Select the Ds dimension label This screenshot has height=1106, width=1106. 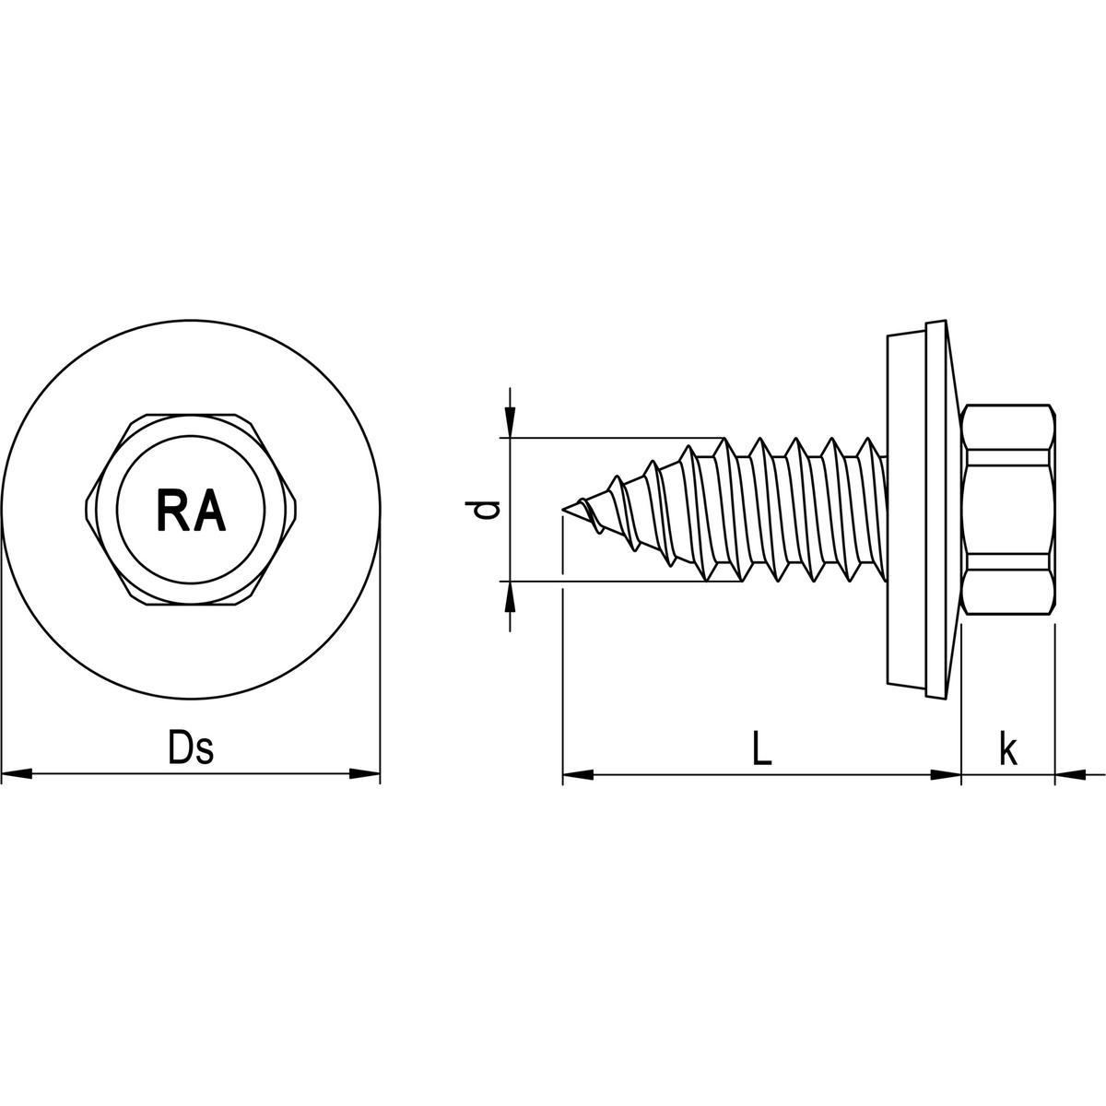(x=191, y=749)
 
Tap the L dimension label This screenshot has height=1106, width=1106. (x=760, y=749)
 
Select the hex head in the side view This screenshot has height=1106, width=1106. (x=1006, y=509)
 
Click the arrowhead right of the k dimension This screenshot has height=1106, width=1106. (x=1069, y=775)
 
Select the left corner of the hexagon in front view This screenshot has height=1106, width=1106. (x=87, y=509)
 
